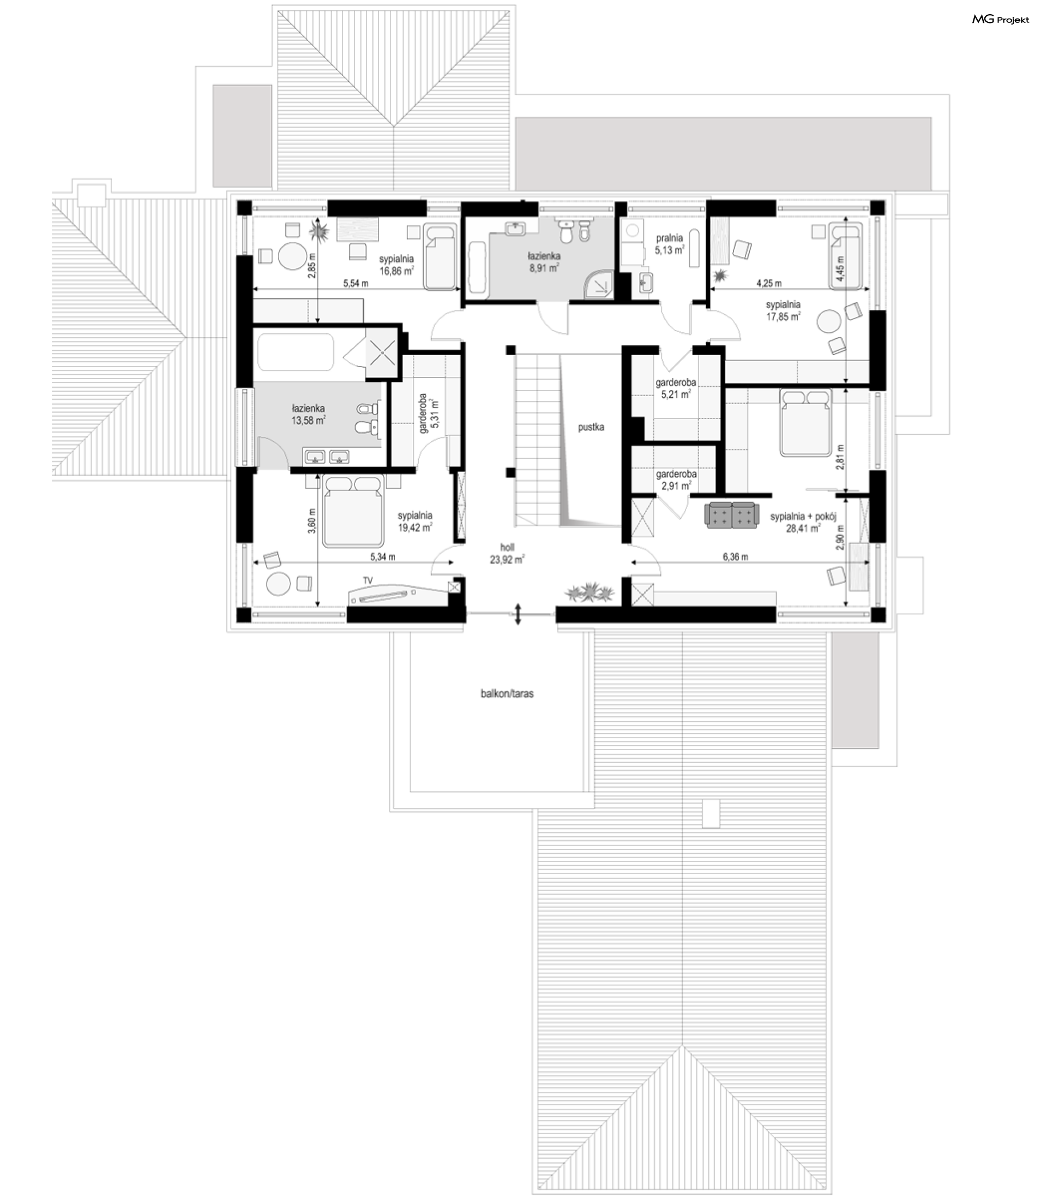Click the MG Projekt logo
1000,20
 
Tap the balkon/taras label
507,694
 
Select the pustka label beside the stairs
591,427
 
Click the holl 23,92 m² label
507,554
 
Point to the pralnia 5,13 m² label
670,244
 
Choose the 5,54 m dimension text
356,284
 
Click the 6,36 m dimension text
735,557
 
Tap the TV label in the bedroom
368,580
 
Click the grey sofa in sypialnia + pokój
731,515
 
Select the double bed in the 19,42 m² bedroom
352,511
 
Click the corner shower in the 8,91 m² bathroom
598,284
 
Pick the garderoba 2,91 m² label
676,480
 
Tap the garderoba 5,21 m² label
676,388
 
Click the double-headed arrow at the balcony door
518,615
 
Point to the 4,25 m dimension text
769,284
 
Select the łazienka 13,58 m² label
309,415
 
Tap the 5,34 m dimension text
383,557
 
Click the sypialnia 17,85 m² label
784,310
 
